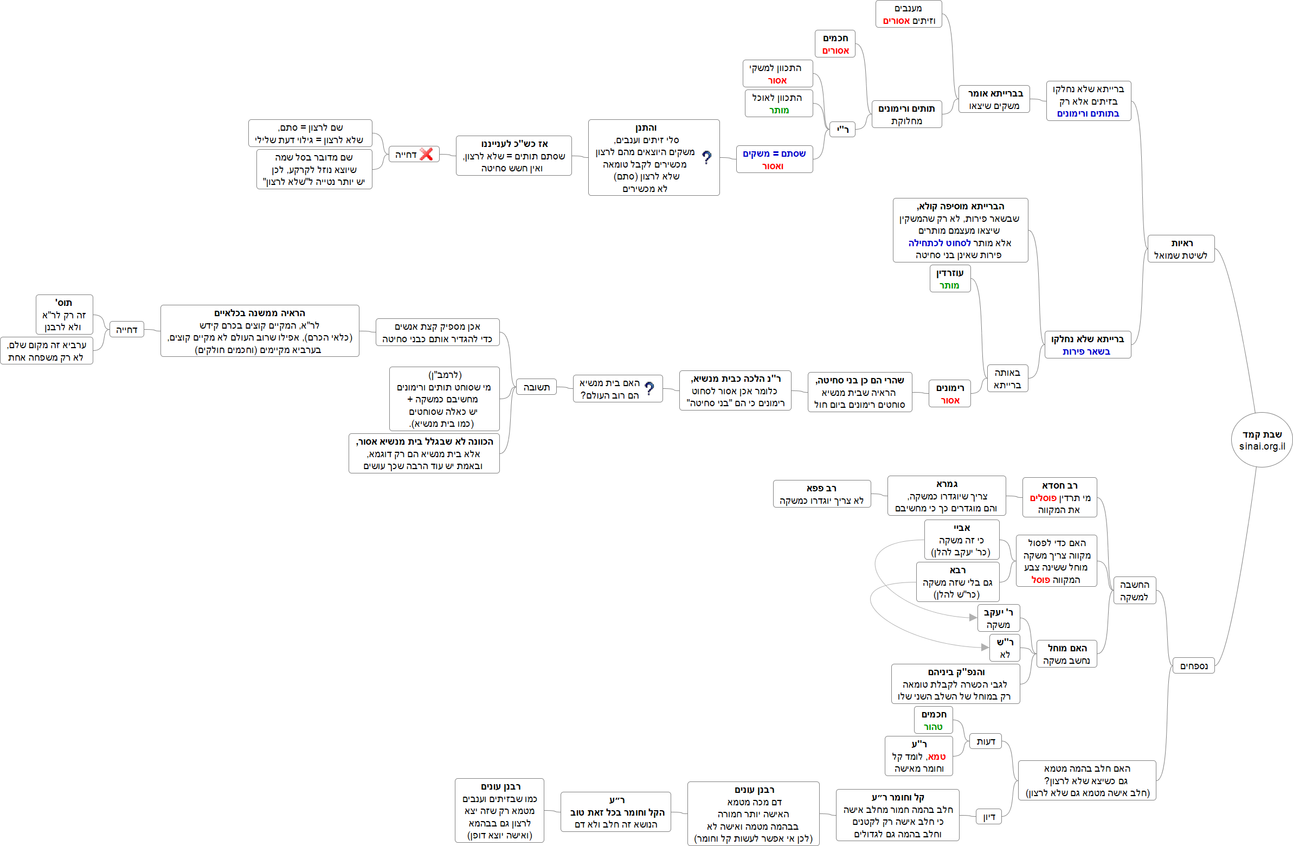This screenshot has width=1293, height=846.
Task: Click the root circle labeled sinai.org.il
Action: [x=1261, y=440]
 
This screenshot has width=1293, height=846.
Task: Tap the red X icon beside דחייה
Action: [x=427, y=155]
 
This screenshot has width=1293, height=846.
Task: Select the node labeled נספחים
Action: [x=1193, y=665]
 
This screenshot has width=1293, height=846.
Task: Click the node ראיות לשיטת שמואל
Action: [x=1181, y=249]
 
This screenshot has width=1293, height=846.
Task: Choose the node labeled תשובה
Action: [x=536, y=387]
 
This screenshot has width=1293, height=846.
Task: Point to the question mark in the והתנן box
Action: [x=706, y=158]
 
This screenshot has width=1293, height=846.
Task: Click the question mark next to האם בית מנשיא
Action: [x=649, y=388]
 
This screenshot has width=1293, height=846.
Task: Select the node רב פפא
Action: [x=821, y=494]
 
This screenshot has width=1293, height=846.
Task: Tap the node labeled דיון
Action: [x=989, y=817]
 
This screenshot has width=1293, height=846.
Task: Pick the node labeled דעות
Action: [x=986, y=741]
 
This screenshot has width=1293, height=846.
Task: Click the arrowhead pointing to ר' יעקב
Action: [x=973, y=617]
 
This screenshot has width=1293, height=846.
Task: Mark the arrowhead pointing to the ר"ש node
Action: [x=985, y=647]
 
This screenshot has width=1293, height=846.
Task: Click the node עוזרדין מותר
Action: [x=950, y=279]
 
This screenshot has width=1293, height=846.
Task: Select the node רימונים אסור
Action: [x=950, y=394]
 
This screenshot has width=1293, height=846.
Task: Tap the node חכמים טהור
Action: [x=934, y=720]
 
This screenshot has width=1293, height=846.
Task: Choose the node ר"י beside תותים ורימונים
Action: [x=842, y=129]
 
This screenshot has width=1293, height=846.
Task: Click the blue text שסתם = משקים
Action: [x=774, y=154]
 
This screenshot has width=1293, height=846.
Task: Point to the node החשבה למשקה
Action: [x=1134, y=591]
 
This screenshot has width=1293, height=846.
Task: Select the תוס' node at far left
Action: [x=64, y=315]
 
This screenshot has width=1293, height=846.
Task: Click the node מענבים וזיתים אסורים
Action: [x=909, y=14]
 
